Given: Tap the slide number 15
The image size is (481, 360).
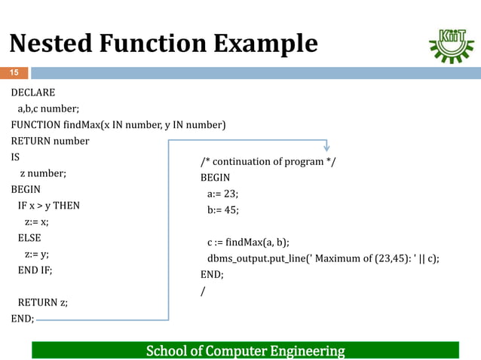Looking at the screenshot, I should tap(14, 73).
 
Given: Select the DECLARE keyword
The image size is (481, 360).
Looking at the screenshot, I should tap(32, 93).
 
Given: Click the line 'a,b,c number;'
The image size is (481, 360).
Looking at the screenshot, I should tap(54, 108).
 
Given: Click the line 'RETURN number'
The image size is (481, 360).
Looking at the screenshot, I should tap(50, 141).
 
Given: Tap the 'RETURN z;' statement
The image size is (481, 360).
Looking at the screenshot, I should tap(42, 303).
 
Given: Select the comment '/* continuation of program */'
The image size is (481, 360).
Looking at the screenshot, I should tap(268, 162).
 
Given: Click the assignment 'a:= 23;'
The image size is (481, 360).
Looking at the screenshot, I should tap(223, 194).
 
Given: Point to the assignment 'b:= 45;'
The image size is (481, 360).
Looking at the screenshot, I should tap(223, 210).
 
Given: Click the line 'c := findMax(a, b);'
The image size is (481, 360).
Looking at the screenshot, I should tap(248, 243).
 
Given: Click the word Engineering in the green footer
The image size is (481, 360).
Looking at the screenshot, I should tap(301, 351).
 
